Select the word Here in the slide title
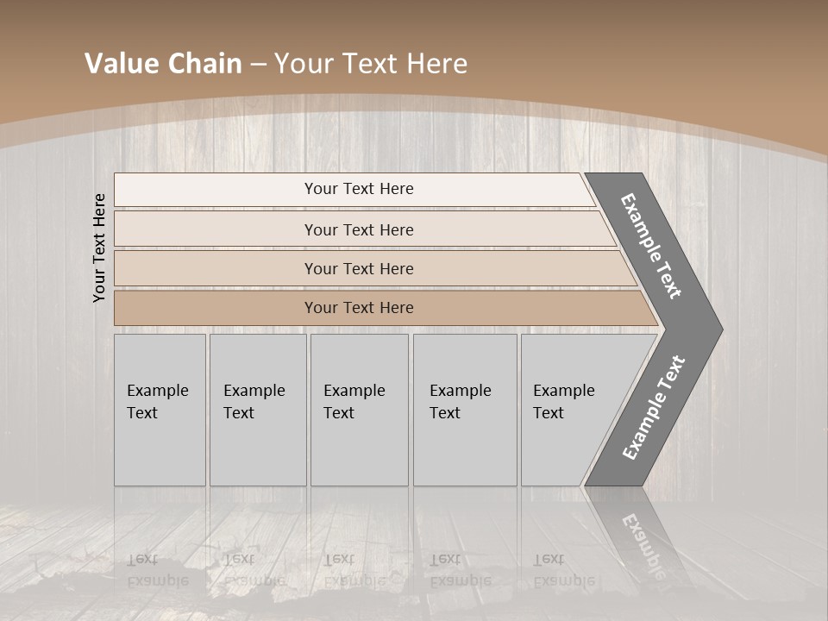[x=437, y=64]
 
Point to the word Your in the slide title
[x=303, y=64]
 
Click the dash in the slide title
[x=257, y=65]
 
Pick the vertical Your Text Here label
[x=99, y=248]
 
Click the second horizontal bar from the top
[x=358, y=229]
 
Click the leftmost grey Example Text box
[x=160, y=410]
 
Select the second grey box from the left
[x=257, y=410]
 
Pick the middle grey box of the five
[x=359, y=410]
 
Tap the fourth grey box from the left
[x=465, y=410]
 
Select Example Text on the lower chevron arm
[x=654, y=407]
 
